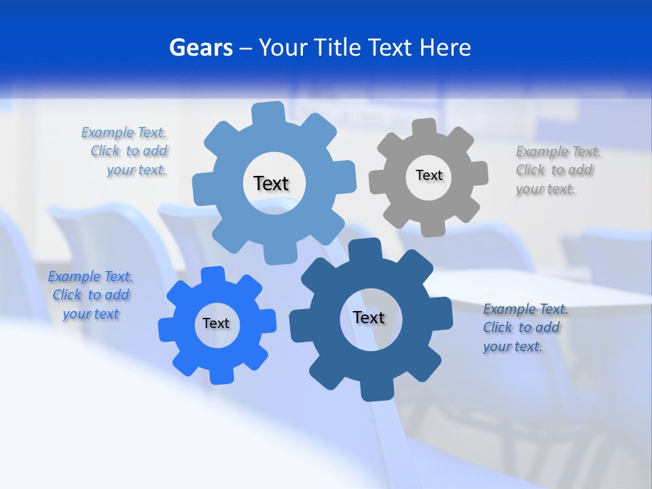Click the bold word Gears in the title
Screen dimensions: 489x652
[200, 48]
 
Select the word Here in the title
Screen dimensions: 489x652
[445, 48]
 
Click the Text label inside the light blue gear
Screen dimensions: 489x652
[271, 183]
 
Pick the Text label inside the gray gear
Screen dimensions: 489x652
[429, 175]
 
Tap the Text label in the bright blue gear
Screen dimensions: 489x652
[216, 323]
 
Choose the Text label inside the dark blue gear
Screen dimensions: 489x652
[369, 317]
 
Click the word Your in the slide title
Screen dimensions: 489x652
[283, 48]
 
